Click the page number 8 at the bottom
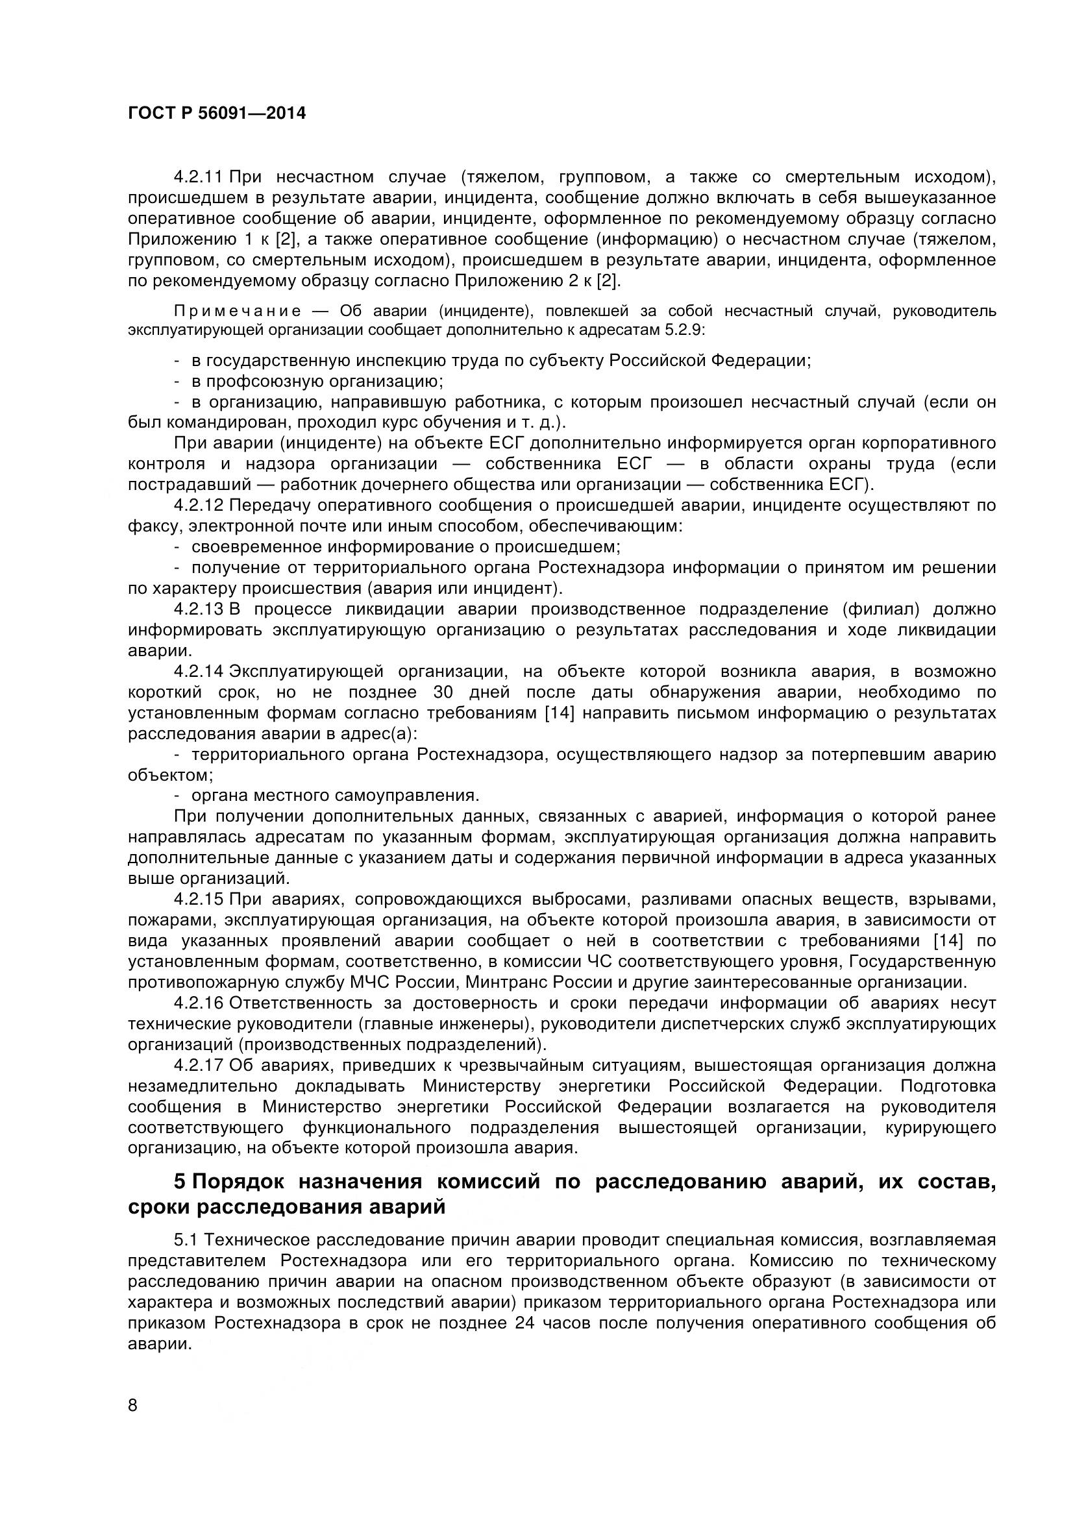coord(133,1423)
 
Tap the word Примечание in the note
coord(238,311)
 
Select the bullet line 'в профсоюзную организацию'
coord(317,382)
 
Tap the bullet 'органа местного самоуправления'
coord(335,796)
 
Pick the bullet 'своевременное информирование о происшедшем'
coord(405,548)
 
